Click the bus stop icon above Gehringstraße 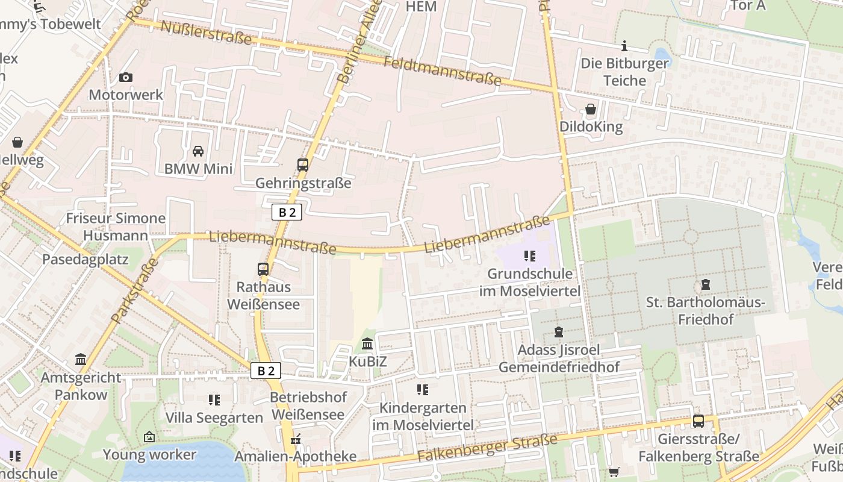[x=303, y=164]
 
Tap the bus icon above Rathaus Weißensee [x=263, y=269]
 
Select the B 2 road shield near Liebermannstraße [x=287, y=212]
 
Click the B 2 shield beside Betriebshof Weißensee [x=266, y=371]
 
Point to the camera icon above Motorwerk [x=125, y=77]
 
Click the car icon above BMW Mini [x=198, y=151]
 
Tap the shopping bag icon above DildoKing [x=591, y=109]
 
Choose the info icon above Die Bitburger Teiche [x=624, y=46]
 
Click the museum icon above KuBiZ [x=367, y=344]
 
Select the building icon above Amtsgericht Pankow [x=81, y=360]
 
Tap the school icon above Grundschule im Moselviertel [x=530, y=256]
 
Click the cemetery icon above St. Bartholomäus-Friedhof [x=705, y=284]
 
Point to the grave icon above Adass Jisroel [x=558, y=332]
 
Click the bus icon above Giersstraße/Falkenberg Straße [x=698, y=421]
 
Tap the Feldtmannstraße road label [x=442, y=70]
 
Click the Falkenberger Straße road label [x=488, y=449]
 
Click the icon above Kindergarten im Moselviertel [x=423, y=390]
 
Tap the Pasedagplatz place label [x=85, y=260]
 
